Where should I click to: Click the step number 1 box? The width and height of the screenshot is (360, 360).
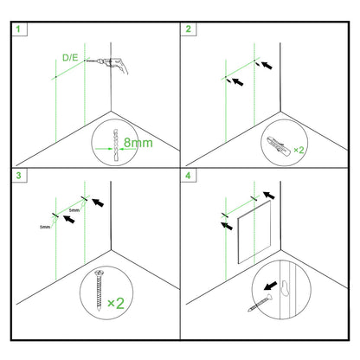click(19, 29)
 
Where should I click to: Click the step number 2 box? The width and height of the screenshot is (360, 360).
click(189, 29)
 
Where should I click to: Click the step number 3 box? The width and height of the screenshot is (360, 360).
click(19, 176)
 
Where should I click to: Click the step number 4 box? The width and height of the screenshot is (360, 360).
click(189, 176)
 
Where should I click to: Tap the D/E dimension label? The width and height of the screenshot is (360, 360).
click(70, 58)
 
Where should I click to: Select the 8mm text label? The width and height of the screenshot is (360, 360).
click(138, 143)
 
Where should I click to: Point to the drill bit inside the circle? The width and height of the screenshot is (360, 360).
click(116, 145)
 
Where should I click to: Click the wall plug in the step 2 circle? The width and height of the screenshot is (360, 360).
click(279, 145)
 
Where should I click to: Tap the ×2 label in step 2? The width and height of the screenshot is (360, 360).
click(299, 150)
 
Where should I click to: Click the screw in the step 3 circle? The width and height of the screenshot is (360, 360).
click(100, 291)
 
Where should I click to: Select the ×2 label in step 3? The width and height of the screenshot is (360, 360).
click(116, 303)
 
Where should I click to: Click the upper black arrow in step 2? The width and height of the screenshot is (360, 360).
click(267, 65)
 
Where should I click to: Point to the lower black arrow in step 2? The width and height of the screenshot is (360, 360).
click(238, 81)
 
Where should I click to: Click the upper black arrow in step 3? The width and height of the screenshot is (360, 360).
click(98, 202)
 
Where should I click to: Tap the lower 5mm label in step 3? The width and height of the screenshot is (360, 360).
click(45, 227)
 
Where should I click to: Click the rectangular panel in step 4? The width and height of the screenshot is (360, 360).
click(254, 233)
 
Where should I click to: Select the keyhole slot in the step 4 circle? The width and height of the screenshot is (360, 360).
click(286, 288)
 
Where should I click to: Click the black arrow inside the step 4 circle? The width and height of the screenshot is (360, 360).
click(271, 286)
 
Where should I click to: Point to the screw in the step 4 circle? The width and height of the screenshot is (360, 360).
click(260, 303)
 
